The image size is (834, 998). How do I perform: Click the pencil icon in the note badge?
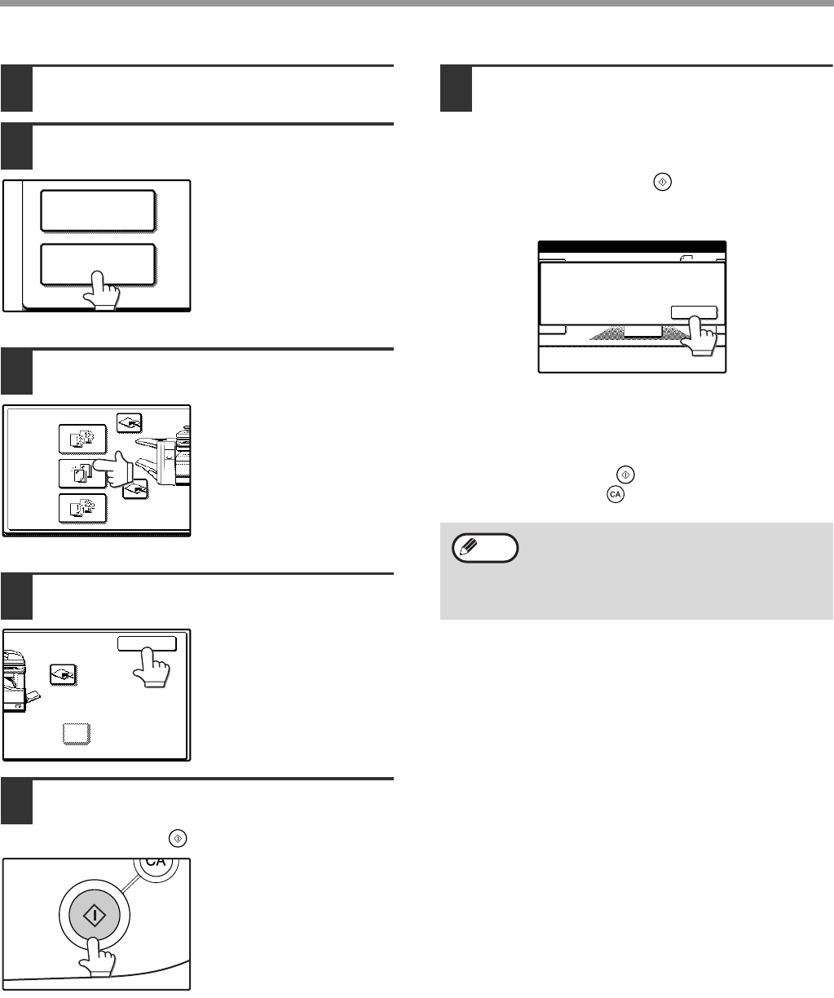[x=469, y=546]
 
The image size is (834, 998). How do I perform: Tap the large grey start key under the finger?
[x=95, y=916]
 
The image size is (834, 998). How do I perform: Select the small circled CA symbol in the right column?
[x=616, y=494]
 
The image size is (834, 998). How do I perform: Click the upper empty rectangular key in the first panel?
[x=98, y=211]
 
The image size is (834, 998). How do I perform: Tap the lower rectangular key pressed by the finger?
[x=98, y=264]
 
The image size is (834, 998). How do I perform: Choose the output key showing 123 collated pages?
[x=82, y=439]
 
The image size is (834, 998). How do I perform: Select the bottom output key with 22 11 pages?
[x=82, y=509]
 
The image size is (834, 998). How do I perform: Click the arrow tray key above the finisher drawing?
[x=129, y=423]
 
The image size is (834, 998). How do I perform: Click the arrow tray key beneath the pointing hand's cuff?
[x=135, y=489]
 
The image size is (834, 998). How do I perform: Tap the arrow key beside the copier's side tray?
[x=63, y=674]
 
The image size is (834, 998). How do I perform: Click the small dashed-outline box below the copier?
[x=77, y=734]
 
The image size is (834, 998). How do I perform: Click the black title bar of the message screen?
[x=633, y=246]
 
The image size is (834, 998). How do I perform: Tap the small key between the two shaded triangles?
[x=643, y=331]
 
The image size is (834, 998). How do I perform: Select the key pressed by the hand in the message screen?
[x=694, y=312]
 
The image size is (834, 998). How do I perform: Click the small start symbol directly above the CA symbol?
[x=625, y=475]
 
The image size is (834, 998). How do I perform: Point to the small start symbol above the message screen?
[x=663, y=182]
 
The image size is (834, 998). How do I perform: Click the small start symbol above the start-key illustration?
[x=178, y=838]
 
